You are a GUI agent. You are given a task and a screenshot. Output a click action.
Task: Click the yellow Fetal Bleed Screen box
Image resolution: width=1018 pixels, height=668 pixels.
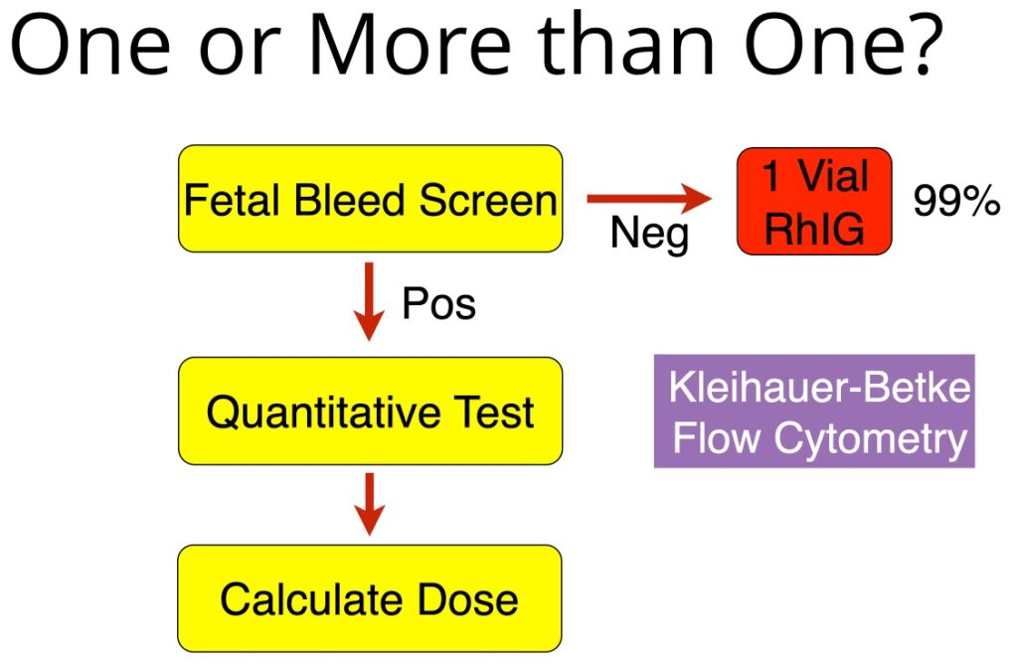coord(370,199)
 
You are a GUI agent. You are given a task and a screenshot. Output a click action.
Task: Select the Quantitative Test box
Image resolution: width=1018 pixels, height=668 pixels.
coord(370,411)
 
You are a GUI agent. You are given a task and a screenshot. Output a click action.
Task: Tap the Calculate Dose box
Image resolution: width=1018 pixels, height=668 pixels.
coord(370,597)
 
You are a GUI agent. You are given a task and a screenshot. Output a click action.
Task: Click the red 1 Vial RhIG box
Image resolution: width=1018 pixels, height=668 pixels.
coord(814,201)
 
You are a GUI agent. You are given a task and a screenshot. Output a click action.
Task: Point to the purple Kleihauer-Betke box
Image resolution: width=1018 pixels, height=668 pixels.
coord(814,411)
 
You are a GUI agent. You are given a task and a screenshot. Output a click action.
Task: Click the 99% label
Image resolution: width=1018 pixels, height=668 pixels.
coord(956,200)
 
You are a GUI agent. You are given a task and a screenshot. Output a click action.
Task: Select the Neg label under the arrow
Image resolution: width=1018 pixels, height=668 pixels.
coord(649,234)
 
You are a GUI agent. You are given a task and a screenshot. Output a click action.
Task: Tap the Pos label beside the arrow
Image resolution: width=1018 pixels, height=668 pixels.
coord(438,303)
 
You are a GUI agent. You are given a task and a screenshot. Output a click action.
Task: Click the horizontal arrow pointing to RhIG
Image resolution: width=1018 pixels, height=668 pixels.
coord(649,198)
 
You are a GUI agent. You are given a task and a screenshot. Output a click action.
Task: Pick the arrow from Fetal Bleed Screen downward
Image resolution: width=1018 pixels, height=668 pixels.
coord(369,301)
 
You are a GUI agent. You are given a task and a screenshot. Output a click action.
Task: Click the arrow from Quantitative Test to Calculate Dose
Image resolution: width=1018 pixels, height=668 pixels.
coord(369,504)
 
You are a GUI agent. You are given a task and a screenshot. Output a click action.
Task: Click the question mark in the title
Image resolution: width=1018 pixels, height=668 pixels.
coord(920,44)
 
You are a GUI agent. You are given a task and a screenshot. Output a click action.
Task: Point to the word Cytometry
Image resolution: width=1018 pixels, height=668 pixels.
coord(871,438)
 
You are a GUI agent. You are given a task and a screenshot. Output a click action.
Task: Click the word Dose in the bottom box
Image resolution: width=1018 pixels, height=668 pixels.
coord(467,598)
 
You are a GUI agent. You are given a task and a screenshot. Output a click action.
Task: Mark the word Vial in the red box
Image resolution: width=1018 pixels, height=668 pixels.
coord(833,176)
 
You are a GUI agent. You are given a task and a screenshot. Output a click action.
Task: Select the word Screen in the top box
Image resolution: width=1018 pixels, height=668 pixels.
coord(487,199)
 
